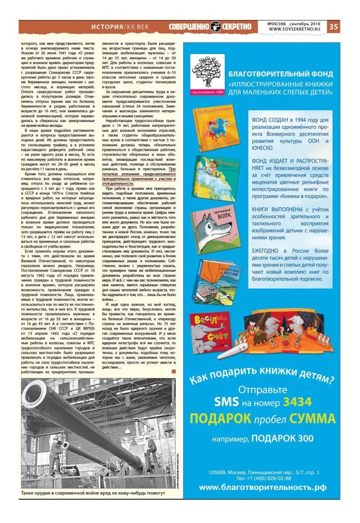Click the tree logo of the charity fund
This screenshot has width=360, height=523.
click(207, 72)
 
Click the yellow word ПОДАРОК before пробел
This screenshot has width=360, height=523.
click(220, 419)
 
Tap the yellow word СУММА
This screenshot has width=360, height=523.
click(313, 419)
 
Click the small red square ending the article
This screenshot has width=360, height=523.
click(174, 371)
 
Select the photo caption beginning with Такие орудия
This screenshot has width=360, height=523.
click(93, 493)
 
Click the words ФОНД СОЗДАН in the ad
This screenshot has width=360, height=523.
click(273, 120)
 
